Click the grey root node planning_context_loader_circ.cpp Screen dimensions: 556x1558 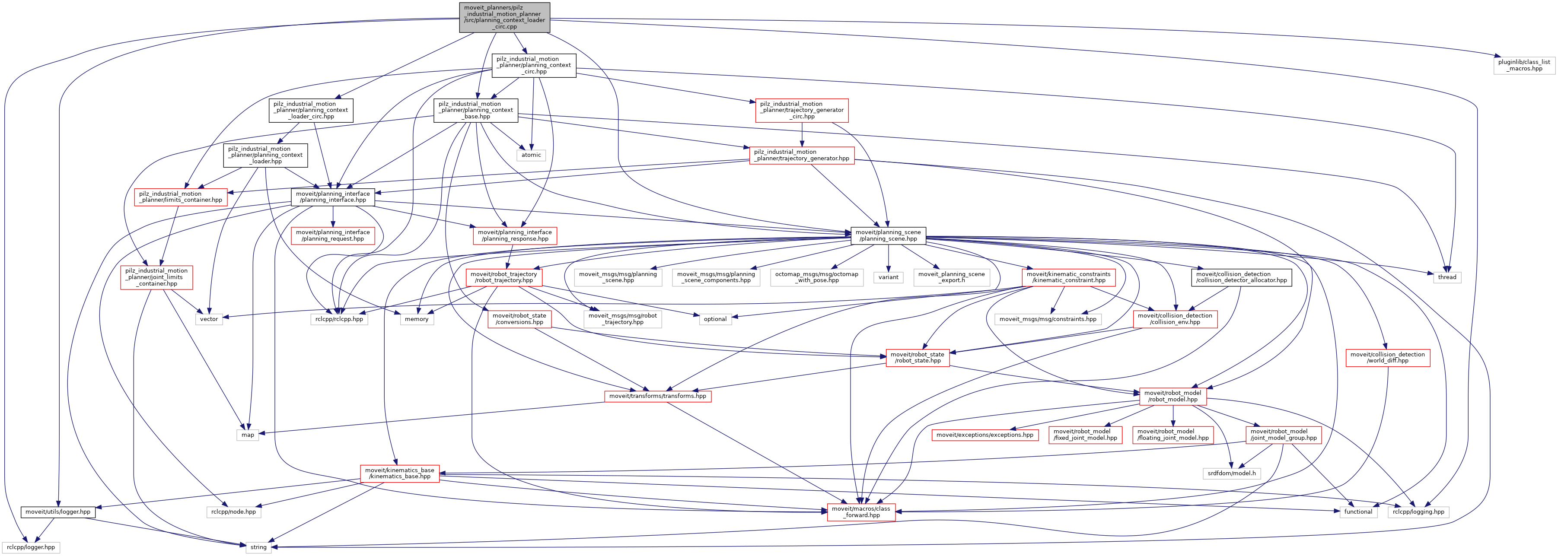coord(504,17)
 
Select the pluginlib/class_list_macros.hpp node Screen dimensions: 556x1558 coord(1523,65)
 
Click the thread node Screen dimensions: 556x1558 coord(1447,277)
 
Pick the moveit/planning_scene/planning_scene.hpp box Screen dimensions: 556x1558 coord(888,236)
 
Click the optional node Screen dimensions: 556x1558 coord(715,319)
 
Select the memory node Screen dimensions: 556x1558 coord(416,319)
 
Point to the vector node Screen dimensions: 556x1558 coord(209,319)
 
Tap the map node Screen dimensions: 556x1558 coord(247,435)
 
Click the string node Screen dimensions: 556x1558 coord(258,547)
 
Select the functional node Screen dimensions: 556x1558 coord(1358,512)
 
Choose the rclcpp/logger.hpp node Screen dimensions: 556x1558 coord(31,547)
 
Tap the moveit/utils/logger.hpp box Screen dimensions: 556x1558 coord(57,512)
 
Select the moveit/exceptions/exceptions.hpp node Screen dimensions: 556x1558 coord(985,435)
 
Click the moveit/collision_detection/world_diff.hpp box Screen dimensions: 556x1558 coord(1387,358)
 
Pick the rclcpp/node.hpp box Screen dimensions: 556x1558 coord(233,512)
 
